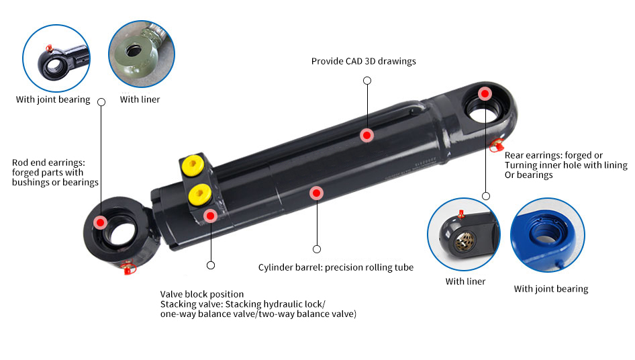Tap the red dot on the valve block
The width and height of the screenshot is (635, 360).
tap(211, 216)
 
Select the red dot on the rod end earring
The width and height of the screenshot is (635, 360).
tap(100, 222)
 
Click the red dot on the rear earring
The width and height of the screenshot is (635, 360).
tap(485, 93)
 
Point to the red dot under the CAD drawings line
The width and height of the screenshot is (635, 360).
tap(367, 135)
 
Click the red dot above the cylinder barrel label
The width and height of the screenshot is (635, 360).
tap(315, 193)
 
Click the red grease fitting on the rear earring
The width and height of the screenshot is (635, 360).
tap(497, 144)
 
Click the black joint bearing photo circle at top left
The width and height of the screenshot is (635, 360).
tap(55, 58)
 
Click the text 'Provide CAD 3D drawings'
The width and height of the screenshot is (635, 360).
tap(363, 61)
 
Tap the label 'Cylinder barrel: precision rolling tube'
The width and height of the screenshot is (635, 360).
tap(336, 267)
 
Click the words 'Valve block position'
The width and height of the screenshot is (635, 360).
tap(202, 294)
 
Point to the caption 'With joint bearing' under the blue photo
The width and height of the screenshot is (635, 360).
tap(550, 289)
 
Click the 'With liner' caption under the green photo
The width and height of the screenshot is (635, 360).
tap(140, 99)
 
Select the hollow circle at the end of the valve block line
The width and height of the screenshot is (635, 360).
tap(211, 265)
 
